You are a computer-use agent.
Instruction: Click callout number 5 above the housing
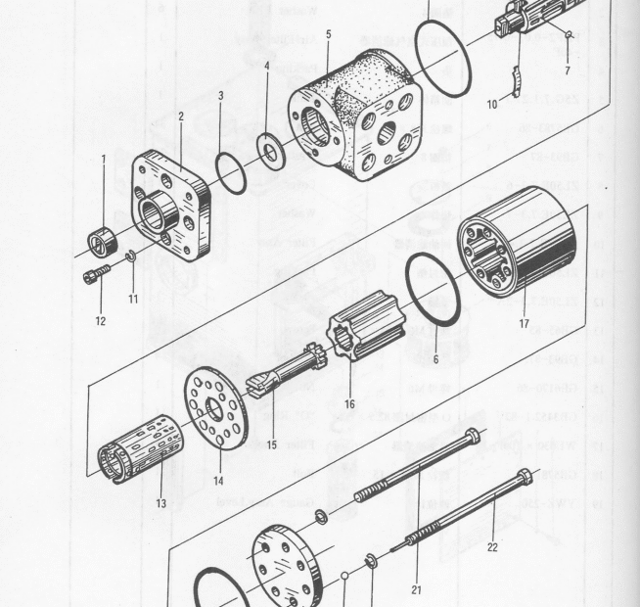click(328, 34)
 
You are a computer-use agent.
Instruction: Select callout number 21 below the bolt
click(418, 589)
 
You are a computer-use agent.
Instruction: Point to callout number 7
click(567, 71)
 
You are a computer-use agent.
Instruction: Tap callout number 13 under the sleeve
click(160, 503)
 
